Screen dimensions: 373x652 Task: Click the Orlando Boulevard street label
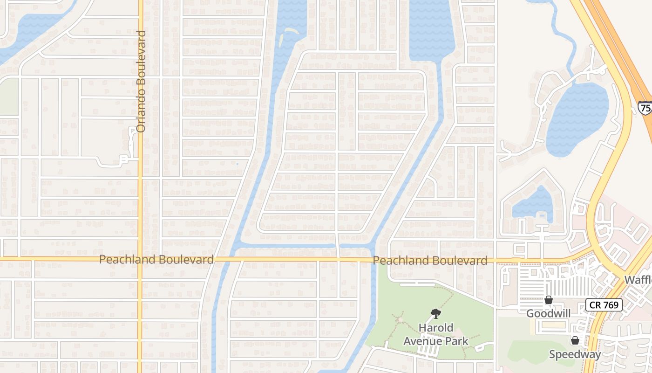(142, 81)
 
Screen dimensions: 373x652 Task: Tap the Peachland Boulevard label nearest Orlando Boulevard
(156, 260)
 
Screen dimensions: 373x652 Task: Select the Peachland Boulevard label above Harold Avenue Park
(430, 261)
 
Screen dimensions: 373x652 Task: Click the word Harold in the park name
(435, 328)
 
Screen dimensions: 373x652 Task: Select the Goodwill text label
(548, 313)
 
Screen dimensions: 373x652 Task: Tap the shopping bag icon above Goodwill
(549, 300)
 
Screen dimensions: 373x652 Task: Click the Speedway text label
(575, 354)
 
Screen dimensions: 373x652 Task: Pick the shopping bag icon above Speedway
(575, 341)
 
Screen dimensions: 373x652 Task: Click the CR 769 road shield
(604, 305)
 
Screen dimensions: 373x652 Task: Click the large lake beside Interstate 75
(577, 119)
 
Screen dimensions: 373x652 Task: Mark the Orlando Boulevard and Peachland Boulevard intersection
(140, 259)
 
